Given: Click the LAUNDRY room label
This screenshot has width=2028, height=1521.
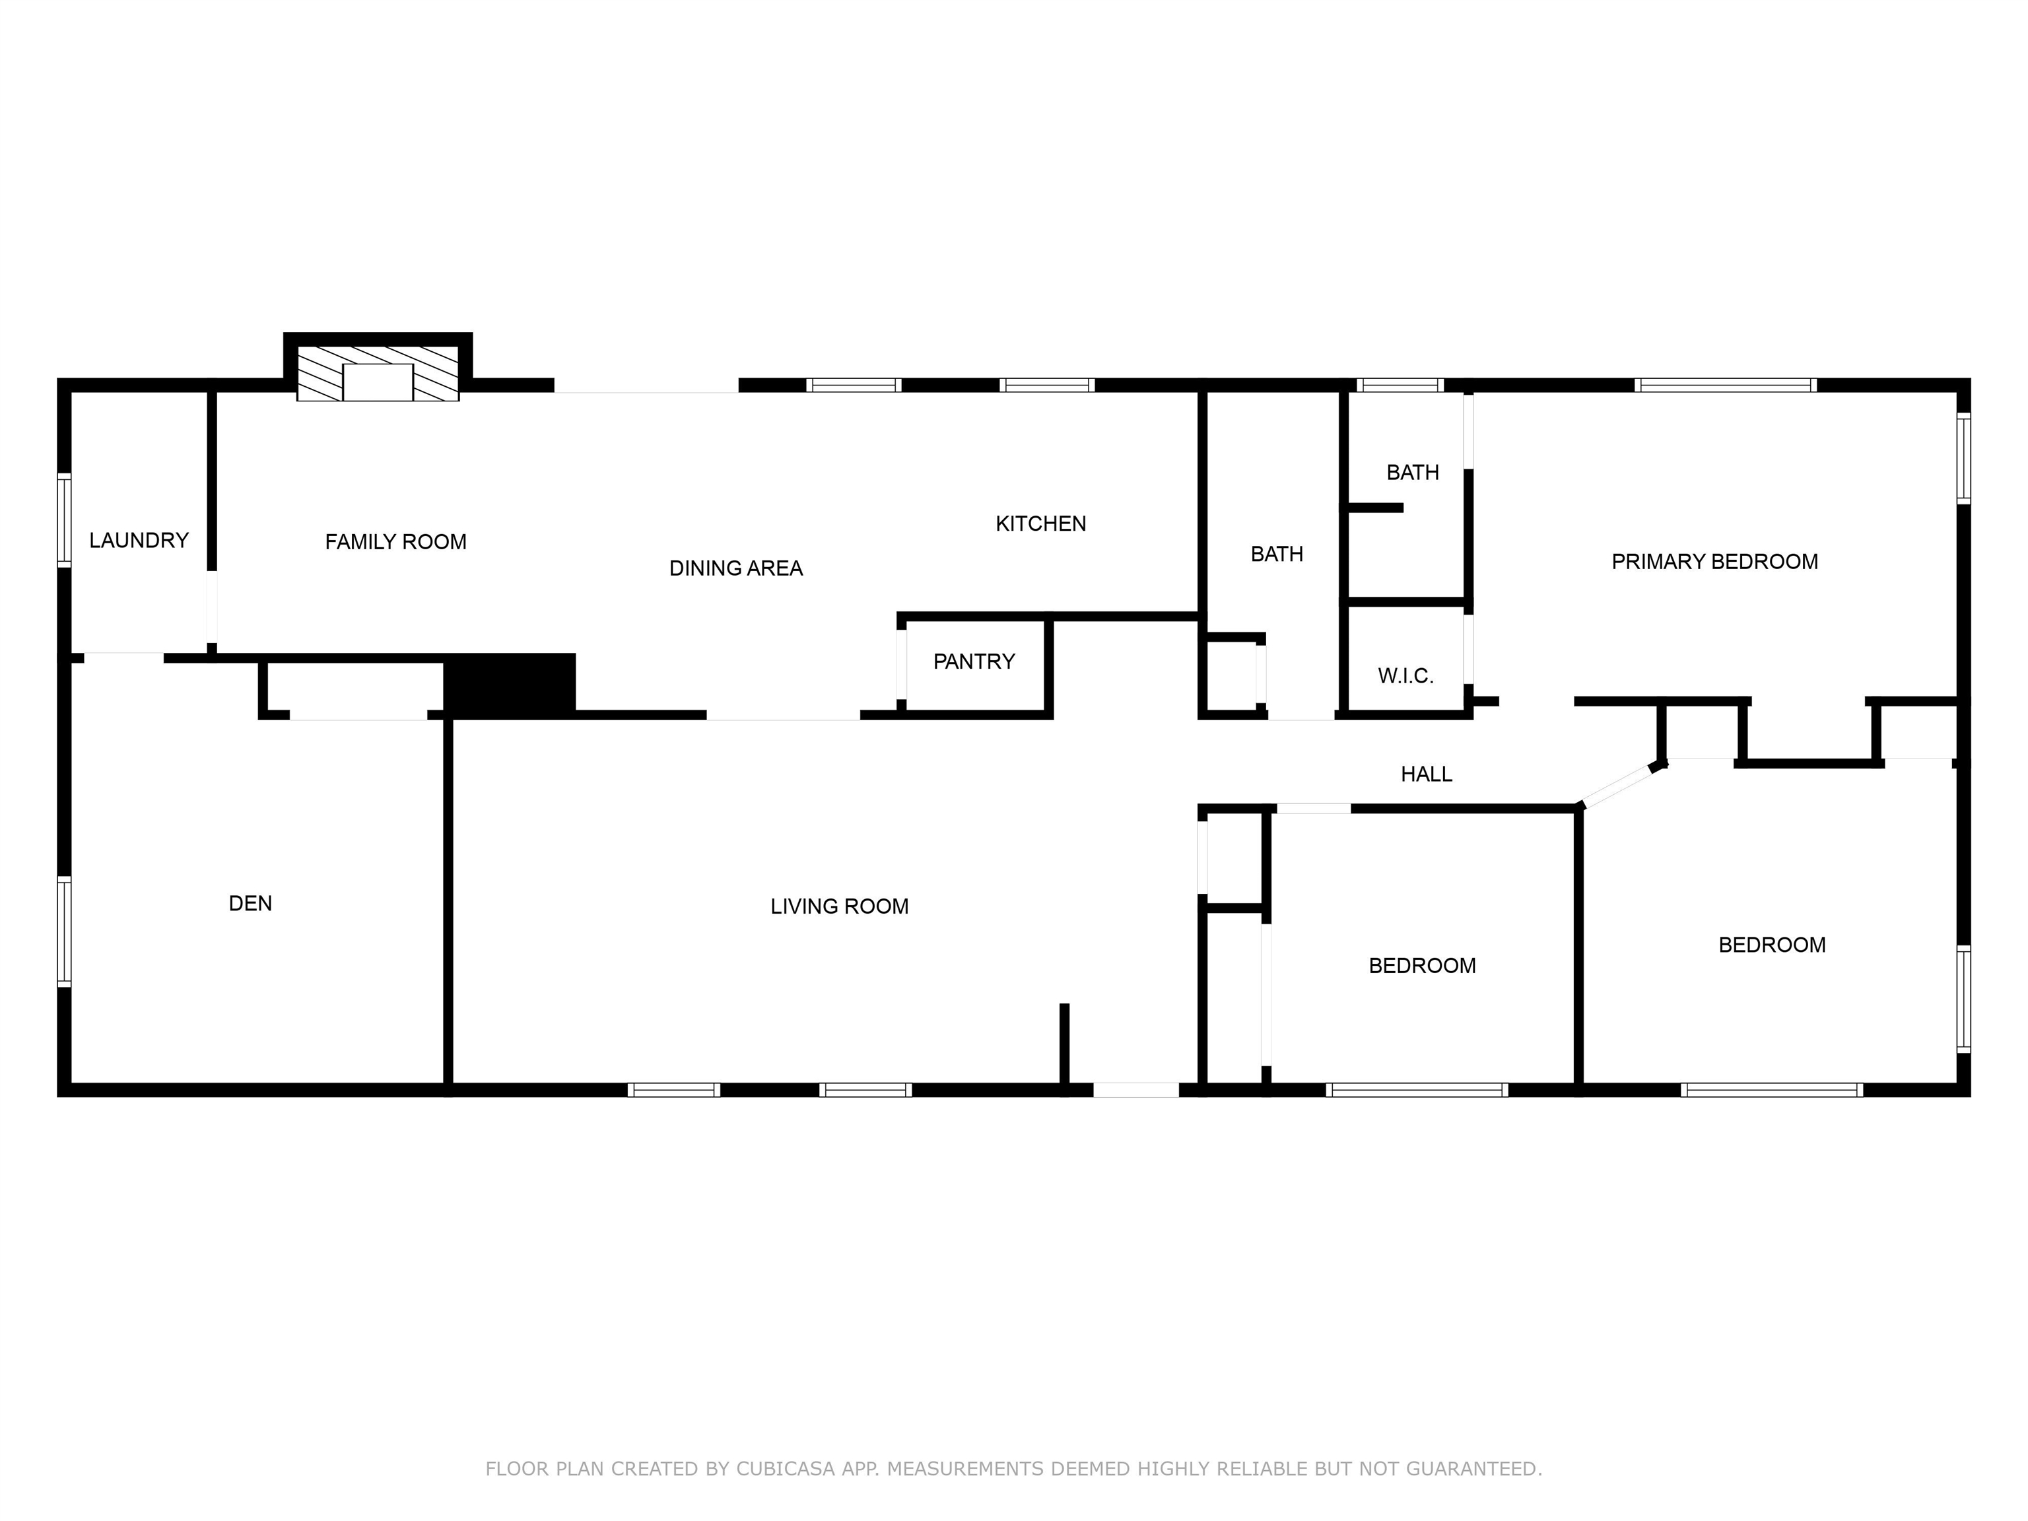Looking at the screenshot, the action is [x=139, y=540].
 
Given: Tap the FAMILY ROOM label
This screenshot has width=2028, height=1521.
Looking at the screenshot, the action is [x=395, y=542].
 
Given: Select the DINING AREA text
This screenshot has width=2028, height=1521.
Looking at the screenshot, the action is [x=735, y=568].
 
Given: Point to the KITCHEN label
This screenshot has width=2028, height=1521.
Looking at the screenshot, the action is [x=1040, y=524].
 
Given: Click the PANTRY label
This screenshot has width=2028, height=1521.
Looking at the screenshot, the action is [x=974, y=661].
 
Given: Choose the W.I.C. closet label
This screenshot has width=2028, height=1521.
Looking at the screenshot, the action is [x=1405, y=676].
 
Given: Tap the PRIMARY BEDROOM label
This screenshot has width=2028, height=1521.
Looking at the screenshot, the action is [x=1714, y=561].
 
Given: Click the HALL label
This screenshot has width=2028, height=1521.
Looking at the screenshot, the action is [x=1427, y=774].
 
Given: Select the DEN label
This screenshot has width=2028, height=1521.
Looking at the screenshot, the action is [x=250, y=903].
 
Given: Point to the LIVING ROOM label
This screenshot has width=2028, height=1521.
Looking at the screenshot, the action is [x=839, y=906].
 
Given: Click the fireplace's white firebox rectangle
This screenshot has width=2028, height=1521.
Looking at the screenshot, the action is [x=378, y=382].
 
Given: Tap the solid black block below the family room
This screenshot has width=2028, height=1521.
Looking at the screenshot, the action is [x=510, y=684].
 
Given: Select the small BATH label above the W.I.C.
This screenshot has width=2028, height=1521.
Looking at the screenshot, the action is [x=1412, y=472].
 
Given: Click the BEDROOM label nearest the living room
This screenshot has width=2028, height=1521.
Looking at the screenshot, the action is [x=1422, y=965].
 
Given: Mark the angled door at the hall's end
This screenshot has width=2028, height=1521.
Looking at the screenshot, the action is [x=1621, y=786].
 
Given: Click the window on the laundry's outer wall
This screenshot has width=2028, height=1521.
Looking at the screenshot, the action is [x=64, y=520].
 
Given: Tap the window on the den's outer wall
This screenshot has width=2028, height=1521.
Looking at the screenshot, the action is [x=64, y=931].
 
